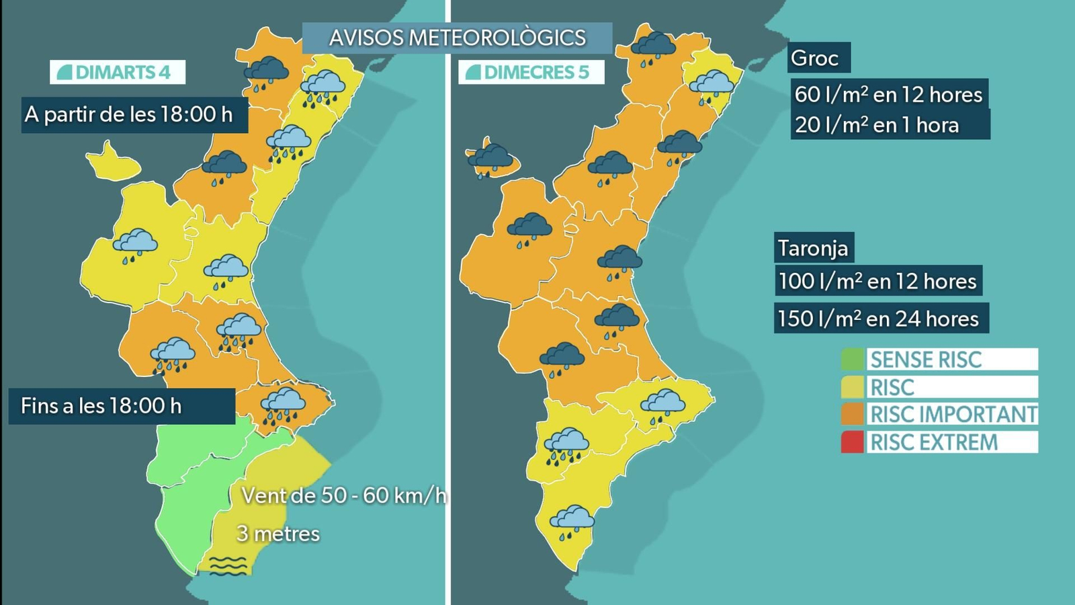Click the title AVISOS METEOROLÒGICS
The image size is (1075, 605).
(x=457, y=38)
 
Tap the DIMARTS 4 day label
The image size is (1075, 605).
(x=118, y=72)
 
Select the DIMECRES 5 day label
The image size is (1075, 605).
(x=531, y=72)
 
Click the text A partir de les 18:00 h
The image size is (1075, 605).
(x=129, y=114)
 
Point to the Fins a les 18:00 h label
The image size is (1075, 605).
(x=101, y=406)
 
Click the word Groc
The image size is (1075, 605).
(x=814, y=58)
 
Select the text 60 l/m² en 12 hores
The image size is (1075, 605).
(x=888, y=95)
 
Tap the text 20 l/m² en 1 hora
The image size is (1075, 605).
(x=877, y=125)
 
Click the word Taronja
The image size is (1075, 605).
(x=813, y=249)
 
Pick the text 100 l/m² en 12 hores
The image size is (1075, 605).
(x=877, y=281)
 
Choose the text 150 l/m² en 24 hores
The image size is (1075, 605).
(x=878, y=319)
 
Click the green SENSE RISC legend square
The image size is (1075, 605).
(x=852, y=360)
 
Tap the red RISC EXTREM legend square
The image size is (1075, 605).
(x=852, y=442)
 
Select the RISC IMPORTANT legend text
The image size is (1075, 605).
(x=953, y=414)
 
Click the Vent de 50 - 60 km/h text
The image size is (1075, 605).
(x=343, y=496)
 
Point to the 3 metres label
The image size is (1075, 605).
(x=278, y=534)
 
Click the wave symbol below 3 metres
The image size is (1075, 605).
(x=228, y=566)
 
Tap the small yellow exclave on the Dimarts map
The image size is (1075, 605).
(x=112, y=163)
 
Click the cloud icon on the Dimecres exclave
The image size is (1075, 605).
(x=491, y=159)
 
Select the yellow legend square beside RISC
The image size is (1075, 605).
(x=852, y=387)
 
